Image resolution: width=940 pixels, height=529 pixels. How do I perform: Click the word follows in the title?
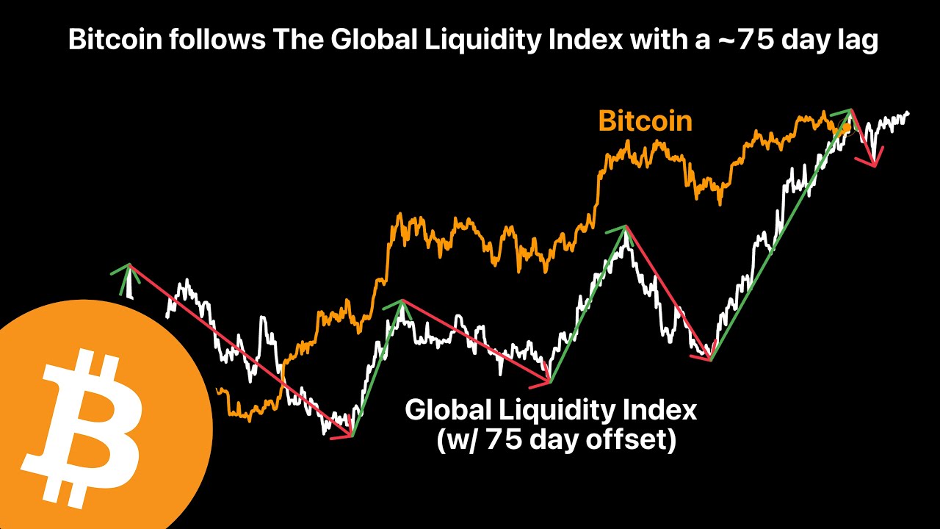[x=211, y=41]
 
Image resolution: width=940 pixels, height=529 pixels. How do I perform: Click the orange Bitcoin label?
[x=645, y=120]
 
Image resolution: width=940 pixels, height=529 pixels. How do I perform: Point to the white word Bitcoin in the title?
[x=114, y=41]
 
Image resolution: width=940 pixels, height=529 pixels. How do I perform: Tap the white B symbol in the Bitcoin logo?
[x=88, y=431]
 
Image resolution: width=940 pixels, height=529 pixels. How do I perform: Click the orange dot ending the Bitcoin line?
[x=846, y=128]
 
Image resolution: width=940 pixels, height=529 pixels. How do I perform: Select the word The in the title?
[x=296, y=41]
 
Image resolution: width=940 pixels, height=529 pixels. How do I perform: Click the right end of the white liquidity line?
[x=908, y=112]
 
